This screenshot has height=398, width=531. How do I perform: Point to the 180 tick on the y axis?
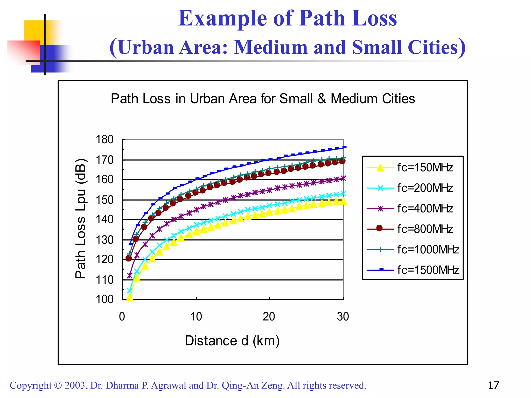click(105, 139)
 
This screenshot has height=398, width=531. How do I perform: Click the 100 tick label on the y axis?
click(105, 299)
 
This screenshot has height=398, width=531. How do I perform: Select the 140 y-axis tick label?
click(105, 219)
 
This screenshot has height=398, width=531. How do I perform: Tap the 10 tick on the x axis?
click(196, 316)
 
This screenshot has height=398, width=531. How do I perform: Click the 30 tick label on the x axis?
click(343, 316)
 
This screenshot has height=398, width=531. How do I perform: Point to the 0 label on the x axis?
click(122, 316)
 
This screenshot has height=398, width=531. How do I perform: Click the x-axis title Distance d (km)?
click(232, 340)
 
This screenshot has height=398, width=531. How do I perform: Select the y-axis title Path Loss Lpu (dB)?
click(80, 218)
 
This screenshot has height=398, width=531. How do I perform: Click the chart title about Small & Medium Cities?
click(263, 99)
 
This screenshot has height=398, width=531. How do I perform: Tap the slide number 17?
click(493, 385)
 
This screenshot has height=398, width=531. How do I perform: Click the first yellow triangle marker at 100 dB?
click(130, 297)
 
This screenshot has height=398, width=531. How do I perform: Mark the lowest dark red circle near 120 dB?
click(129, 258)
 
